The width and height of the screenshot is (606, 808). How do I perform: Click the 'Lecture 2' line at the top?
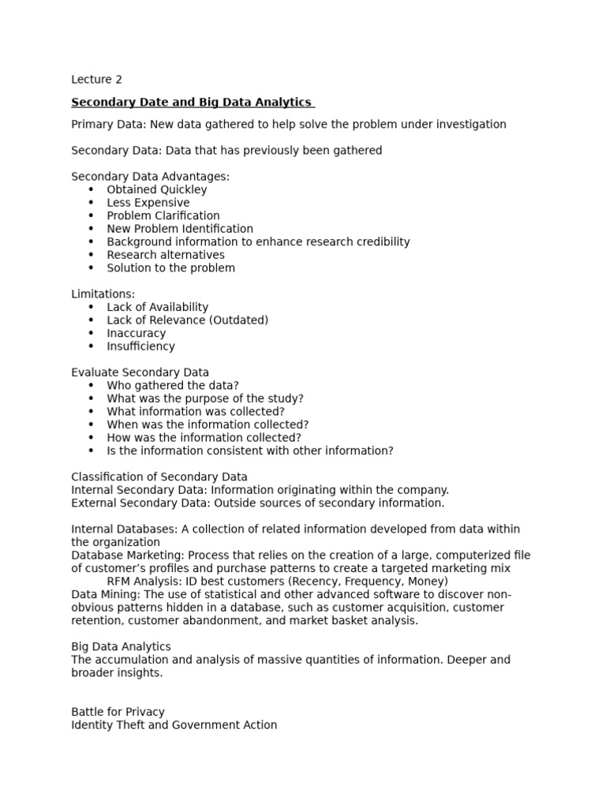pos(96,80)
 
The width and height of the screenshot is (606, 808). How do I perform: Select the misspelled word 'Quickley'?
pos(184,189)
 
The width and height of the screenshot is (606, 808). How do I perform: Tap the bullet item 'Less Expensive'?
pos(148,203)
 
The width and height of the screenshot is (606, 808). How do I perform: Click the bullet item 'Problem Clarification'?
pos(163,215)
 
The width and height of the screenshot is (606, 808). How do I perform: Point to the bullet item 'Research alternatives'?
pos(166,255)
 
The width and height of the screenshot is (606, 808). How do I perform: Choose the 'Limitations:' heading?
pos(103,294)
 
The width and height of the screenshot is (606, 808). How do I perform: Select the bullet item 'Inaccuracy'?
pos(137,333)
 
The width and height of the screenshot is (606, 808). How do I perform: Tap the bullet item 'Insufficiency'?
pos(141,346)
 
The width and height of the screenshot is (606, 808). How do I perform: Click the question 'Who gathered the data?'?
pos(173,386)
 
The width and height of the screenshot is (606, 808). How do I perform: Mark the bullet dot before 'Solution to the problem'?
pos(91,268)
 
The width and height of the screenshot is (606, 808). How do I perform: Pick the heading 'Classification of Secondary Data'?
pos(159,477)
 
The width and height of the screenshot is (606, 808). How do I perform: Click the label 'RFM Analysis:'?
pos(144,582)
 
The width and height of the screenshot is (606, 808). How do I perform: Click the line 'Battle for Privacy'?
pos(118,712)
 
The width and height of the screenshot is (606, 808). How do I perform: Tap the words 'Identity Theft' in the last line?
pos(108,725)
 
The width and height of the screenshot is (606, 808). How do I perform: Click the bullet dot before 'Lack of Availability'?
pos(91,308)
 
